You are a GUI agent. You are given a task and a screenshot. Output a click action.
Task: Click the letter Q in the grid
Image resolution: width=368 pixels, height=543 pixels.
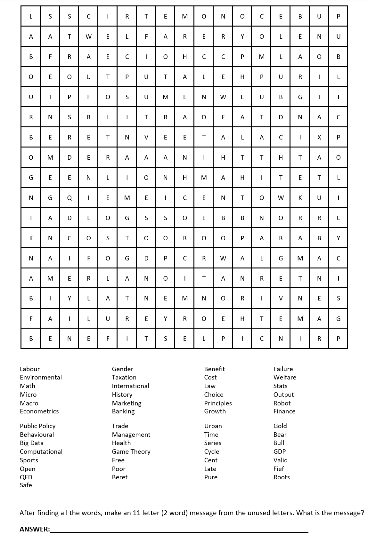[x=69, y=198]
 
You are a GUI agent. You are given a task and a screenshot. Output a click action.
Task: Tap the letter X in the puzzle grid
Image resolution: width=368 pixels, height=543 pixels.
[x=319, y=138]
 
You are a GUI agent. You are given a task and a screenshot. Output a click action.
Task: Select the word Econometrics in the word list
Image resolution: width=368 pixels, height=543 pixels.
[x=39, y=411]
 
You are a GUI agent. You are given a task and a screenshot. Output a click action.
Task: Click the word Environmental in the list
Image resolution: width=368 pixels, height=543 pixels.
[x=41, y=377]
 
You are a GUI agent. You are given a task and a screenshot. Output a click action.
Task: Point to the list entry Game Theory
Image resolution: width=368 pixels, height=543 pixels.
[x=131, y=451]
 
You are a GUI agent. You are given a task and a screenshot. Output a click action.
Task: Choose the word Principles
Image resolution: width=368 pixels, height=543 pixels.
[x=218, y=403]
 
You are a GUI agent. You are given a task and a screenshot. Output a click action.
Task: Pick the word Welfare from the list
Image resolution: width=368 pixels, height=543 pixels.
[x=285, y=377]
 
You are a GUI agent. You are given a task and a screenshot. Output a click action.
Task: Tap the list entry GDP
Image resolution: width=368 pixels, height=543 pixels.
[x=279, y=451]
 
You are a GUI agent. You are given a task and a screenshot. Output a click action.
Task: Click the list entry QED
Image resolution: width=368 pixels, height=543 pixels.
[x=26, y=477]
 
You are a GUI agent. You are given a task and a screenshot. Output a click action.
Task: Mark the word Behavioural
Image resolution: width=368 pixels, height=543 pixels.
[x=37, y=435]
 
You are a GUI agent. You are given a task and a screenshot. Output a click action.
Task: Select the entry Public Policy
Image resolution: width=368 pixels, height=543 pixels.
[x=37, y=426]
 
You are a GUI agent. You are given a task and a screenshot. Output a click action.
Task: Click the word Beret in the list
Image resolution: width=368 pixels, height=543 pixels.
[x=119, y=477]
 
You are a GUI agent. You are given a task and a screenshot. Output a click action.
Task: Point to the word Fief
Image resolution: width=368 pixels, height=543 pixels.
[x=279, y=468]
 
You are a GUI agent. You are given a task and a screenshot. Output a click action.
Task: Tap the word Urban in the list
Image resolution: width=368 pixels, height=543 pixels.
[x=213, y=426]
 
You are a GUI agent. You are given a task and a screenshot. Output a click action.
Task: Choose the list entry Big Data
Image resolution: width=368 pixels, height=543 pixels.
[x=31, y=443]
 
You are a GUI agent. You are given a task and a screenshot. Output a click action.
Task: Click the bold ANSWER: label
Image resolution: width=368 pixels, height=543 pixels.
[x=35, y=529]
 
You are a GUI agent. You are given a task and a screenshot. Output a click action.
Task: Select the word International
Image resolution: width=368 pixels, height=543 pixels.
[x=130, y=386]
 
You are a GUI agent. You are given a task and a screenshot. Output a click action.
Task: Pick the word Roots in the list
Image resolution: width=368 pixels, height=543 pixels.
[x=282, y=477]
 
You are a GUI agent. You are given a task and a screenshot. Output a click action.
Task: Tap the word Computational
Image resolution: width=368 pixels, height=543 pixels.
[x=41, y=451]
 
